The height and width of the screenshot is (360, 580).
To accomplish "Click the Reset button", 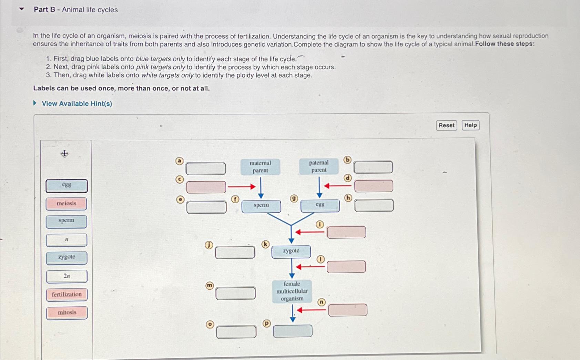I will (x=446, y=125).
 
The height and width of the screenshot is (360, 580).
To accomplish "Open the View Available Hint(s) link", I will (x=77, y=104).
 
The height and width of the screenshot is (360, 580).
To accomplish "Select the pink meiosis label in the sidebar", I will (x=67, y=204).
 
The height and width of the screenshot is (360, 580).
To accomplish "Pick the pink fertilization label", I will (x=67, y=295).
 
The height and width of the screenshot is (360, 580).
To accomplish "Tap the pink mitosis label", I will (x=67, y=313).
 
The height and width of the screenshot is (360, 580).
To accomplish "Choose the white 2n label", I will (x=67, y=276).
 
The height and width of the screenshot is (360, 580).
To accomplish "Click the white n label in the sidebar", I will (x=67, y=240).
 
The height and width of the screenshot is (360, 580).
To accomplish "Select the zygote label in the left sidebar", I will (x=67, y=257).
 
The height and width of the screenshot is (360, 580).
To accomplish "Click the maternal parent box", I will (x=260, y=167).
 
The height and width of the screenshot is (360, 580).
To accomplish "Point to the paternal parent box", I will (x=319, y=166).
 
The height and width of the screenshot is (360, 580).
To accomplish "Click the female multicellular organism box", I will (x=292, y=291).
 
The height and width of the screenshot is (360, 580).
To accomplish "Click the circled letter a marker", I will (x=179, y=161).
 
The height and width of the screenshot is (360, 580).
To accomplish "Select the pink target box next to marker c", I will (x=206, y=187).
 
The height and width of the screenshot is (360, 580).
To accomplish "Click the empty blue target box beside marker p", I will (x=293, y=331).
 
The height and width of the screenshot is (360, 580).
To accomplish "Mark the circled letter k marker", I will (x=265, y=244).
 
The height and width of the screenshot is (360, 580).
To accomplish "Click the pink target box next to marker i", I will (x=346, y=232).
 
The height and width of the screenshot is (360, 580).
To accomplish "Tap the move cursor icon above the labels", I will (x=64, y=154).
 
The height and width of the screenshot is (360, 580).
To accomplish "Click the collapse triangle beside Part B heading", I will (x=22, y=9).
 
